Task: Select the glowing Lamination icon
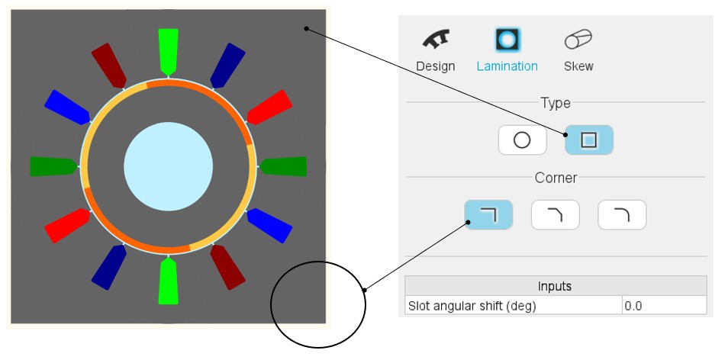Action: click(x=507, y=40)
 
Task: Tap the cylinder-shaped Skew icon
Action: click(x=578, y=40)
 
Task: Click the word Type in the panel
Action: click(x=556, y=102)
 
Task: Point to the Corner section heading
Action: click(x=556, y=178)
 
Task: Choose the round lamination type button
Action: click(x=522, y=140)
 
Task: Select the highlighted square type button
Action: click(x=588, y=140)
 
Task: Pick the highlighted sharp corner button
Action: click(x=488, y=215)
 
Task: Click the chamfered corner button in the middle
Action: click(x=555, y=215)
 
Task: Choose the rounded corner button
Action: click(x=622, y=215)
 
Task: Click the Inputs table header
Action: click(x=555, y=286)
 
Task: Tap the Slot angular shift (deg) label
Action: click(x=472, y=306)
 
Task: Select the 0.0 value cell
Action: click(x=663, y=306)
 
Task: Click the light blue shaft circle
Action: click(x=168, y=166)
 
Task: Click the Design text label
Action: click(x=435, y=66)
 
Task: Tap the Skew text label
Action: click(x=578, y=66)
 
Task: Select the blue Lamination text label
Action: click(x=507, y=66)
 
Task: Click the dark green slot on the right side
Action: click(x=285, y=166)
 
